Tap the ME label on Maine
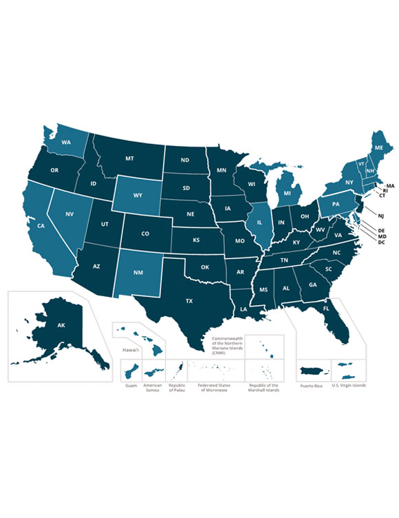[x=379, y=147]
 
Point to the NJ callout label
[x=380, y=216]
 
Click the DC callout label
[x=381, y=242]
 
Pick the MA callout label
[x=390, y=186]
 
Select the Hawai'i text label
[x=131, y=351]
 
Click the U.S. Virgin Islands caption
[x=349, y=385]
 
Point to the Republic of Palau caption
[x=177, y=388]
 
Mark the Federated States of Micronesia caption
[x=213, y=388]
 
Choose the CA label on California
[x=41, y=225]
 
